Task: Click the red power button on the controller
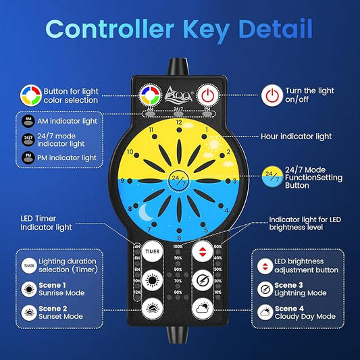pyautogui.click(x=208, y=95)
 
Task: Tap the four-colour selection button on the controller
pyautogui.click(x=149, y=95)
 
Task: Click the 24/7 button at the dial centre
pyautogui.click(x=178, y=181)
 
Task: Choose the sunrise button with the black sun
pyautogui.click(x=153, y=279)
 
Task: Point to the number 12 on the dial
pyautogui.click(x=178, y=124)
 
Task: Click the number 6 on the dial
pyautogui.click(x=178, y=237)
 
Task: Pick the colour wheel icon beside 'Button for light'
pyautogui.click(x=29, y=94)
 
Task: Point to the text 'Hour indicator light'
pyautogui.click(x=297, y=136)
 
